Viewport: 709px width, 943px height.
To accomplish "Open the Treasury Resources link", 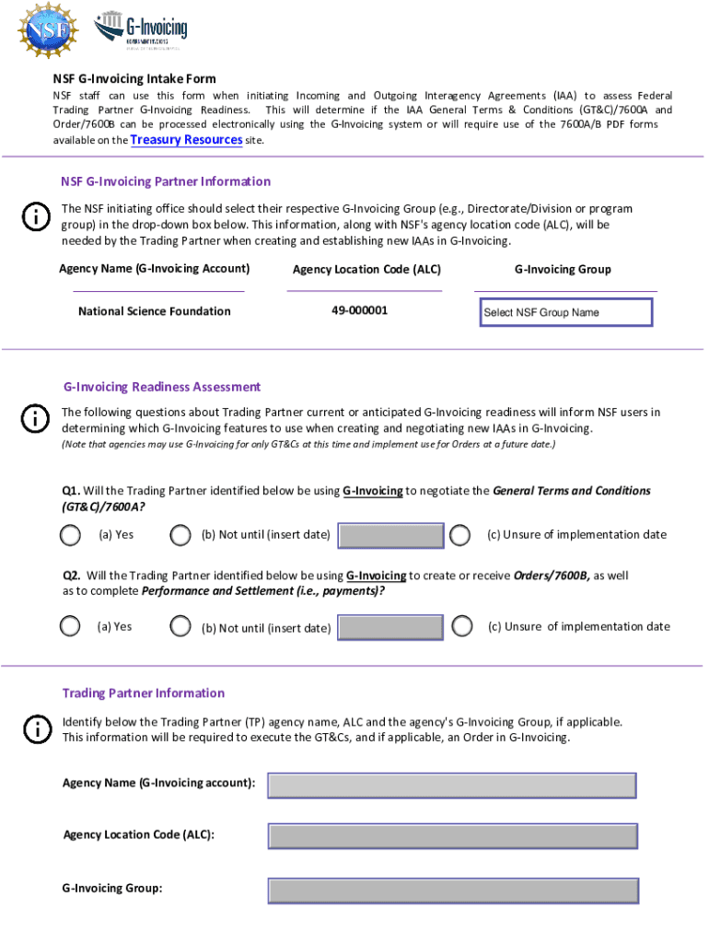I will pyautogui.click(x=186, y=140).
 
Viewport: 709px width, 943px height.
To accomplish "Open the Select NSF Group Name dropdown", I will pyautogui.click(x=564, y=312).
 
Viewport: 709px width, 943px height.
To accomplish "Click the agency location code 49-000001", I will pyautogui.click(x=360, y=310).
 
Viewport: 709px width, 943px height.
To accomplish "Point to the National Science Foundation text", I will pyautogui.click(x=155, y=311).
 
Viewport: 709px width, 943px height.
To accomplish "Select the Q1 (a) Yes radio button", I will pyautogui.click(x=70, y=535).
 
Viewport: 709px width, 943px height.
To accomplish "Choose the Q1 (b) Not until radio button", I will pyautogui.click(x=180, y=535).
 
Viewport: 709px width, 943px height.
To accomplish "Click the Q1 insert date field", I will pyautogui.click(x=391, y=536).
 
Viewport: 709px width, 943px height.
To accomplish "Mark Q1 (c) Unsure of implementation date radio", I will pyautogui.click(x=460, y=535).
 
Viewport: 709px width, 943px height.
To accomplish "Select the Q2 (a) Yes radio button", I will pyautogui.click(x=70, y=627).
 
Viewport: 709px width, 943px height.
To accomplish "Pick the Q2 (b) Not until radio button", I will pyautogui.click(x=180, y=627).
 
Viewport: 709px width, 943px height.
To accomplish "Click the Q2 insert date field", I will pyautogui.click(x=391, y=628).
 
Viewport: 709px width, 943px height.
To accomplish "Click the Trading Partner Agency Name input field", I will pyautogui.click(x=452, y=786).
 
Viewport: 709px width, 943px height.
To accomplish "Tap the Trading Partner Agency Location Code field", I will pyautogui.click(x=452, y=836).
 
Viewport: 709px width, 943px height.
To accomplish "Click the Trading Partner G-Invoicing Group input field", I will pyautogui.click(x=452, y=891).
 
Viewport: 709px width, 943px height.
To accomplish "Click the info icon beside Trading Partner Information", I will pyautogui.click(x=36, y=729).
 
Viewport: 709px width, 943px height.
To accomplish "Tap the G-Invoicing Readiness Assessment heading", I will pyautogui.click(x=161, y=387).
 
